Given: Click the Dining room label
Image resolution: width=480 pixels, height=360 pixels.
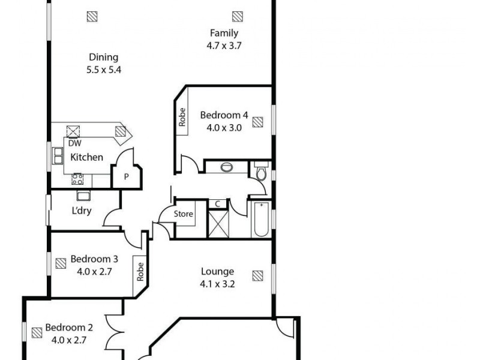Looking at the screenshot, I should click(103, 58).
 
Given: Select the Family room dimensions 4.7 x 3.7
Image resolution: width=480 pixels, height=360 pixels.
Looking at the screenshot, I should click(224, 46).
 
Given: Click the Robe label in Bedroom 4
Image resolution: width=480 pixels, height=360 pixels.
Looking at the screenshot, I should click(181, 116).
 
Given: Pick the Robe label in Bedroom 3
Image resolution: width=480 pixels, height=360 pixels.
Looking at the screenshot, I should click(140, 271).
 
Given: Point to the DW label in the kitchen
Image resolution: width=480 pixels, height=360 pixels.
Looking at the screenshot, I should click(74, 143).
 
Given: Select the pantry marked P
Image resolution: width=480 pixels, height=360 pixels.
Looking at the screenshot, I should click(127, 176).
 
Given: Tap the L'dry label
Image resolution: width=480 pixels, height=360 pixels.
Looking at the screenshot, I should click(82, 211).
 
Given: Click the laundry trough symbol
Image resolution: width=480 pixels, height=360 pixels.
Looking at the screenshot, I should click(83, 195).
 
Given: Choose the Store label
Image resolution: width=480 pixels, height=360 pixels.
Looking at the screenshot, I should click(184, 214).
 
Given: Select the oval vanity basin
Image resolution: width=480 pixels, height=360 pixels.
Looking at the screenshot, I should click(227, 167).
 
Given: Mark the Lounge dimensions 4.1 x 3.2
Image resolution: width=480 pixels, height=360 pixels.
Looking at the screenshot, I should click(217, 284).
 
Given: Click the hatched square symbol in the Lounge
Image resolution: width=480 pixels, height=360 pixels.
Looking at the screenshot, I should click(257, 275).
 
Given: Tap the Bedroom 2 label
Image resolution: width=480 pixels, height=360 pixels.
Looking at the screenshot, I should click(70, 328).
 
